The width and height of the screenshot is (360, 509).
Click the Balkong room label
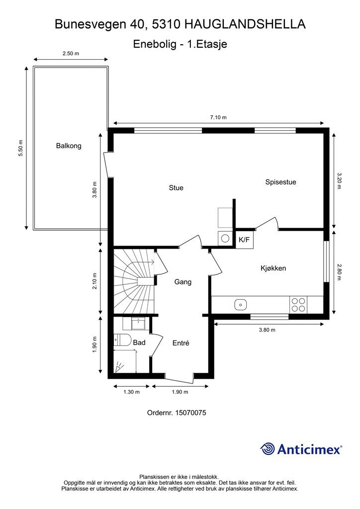[x=69, y=146]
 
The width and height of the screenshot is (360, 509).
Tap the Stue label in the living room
[x=176, y=188]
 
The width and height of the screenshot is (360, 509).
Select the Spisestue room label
[x=280, y=182]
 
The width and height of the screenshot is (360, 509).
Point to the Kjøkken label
[x=273, y=268]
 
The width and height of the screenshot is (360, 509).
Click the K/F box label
[x=244, y=240]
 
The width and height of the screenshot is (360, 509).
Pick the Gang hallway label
[x=183, y=282]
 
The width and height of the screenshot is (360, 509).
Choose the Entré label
[x=181, y=343]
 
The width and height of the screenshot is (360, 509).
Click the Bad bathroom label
[x=139, y=342]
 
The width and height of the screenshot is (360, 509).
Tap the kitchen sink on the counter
[x=241, y=304]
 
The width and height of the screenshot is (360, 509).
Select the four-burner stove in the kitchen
[x=298, y=304]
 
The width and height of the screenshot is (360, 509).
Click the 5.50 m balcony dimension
[x=21, y=148]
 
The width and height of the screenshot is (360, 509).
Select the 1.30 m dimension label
[x=132, y=392]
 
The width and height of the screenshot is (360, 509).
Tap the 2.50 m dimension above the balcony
[x=71, y=53]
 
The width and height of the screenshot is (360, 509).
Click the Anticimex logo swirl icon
[x=268, y=449]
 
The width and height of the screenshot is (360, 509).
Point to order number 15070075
[x=177, y=413]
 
